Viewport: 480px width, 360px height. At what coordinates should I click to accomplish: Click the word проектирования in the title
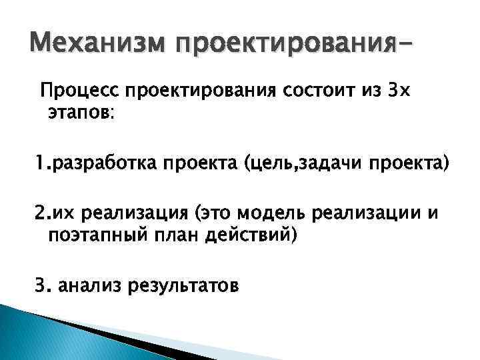click(x=287, y=47)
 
